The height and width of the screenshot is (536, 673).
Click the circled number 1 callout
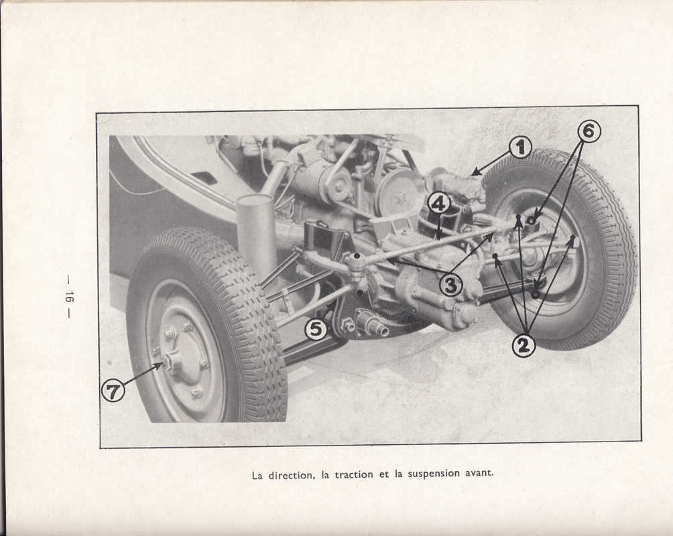click(x=520, y=148)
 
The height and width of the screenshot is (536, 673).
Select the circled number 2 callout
click(x=524, y=345)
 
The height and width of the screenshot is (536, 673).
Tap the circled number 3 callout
click(x=450, y=285)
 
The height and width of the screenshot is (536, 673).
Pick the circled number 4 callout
click(x=438, y=204)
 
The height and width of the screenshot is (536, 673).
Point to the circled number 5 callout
click(x=316, y=329)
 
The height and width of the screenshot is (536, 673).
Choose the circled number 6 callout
click(x=589, y=131)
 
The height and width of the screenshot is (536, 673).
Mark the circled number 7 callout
click(x=113, y=391)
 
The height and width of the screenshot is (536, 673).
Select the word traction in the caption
click(x=355, y=474)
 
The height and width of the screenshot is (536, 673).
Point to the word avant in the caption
click(x=480, y=473)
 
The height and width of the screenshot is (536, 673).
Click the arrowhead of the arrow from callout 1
click(x=473, y=173)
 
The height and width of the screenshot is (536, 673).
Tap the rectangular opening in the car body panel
click(x=204, y=178)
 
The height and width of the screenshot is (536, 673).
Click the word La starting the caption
click(x=257, y=476)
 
